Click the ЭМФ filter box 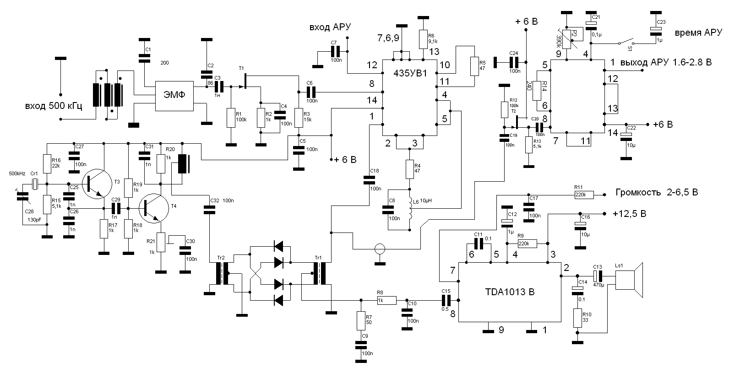[174, 96]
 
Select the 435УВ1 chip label [410, 73]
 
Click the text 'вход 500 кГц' [54, 107]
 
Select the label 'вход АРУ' [330, 27]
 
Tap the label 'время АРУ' [698, 33]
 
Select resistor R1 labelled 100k [231, 118]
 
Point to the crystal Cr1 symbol [35, 184]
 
